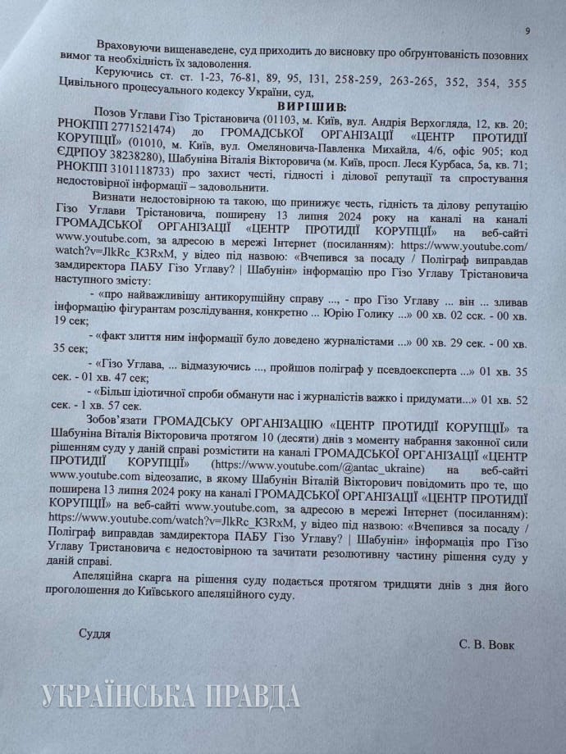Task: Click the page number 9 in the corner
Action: click(x=527, y=30)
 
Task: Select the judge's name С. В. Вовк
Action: click(x=488, y=644)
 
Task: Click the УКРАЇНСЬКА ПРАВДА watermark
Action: click(x=169, y=695)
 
